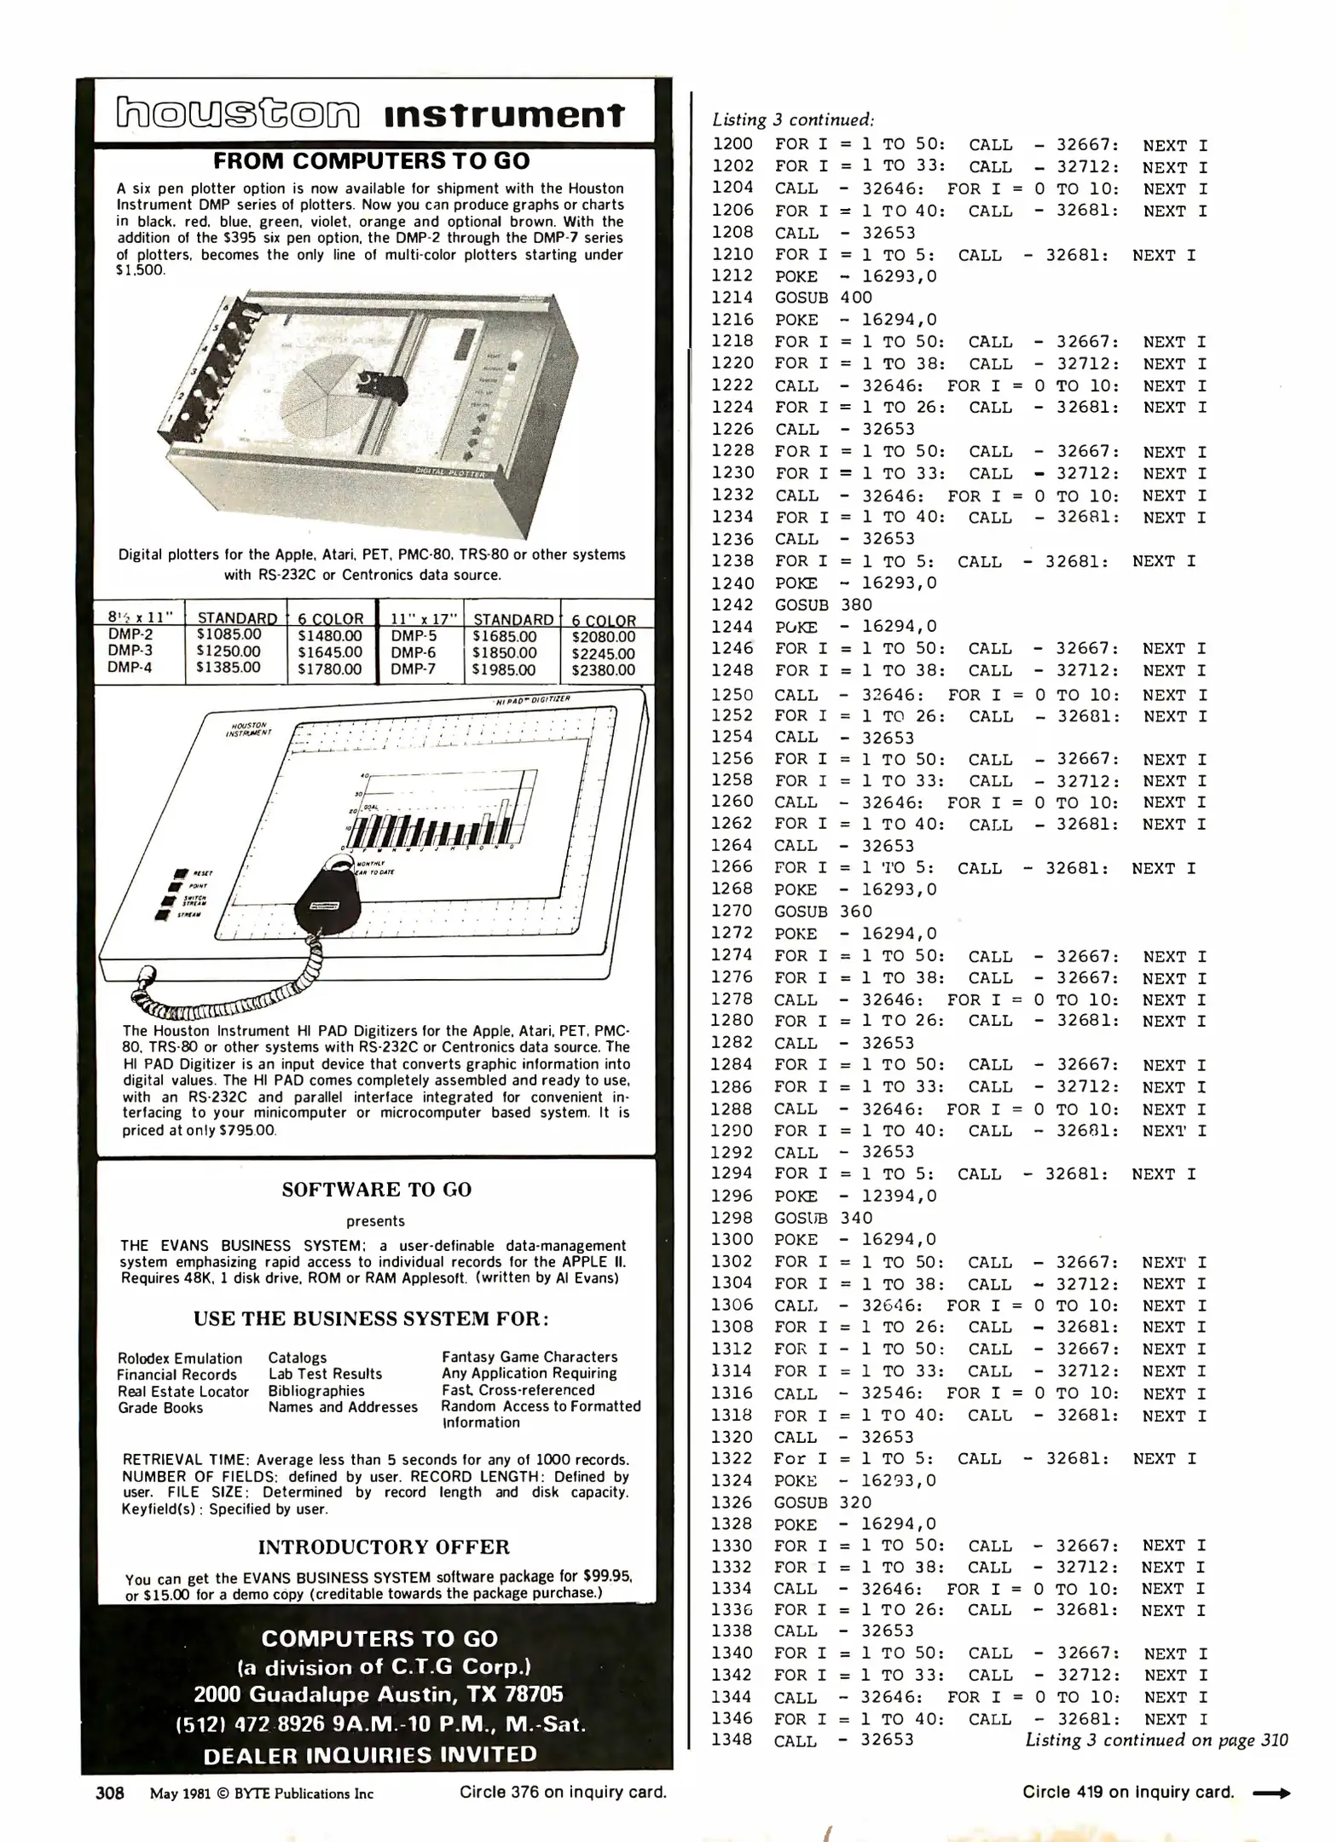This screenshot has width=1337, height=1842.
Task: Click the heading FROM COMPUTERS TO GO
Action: coord(372,160)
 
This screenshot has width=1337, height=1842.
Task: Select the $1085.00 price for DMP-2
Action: coord(229,634)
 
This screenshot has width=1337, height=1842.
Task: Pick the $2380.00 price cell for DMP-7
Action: coord(603,670)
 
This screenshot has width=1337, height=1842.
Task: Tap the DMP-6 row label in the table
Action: coord(414,652)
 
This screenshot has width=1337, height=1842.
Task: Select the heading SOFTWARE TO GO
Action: coord(376,1190)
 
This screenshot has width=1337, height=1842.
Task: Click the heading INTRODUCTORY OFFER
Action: coord(384,1547)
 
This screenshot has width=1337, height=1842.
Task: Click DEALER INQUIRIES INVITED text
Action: coord(370,1754)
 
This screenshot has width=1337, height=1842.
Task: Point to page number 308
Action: coord(110,1793)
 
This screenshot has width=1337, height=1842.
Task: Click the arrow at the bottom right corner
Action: coord(1271,1793)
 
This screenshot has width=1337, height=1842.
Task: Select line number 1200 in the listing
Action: coord(732,144)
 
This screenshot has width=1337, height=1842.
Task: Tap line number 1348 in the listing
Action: coord(732,1740)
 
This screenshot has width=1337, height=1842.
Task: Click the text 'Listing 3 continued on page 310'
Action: coord(1156,1740)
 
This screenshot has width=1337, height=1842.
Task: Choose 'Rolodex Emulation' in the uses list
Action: coord(180,1358)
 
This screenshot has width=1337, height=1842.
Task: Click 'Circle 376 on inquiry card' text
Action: coord(563,1793)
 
